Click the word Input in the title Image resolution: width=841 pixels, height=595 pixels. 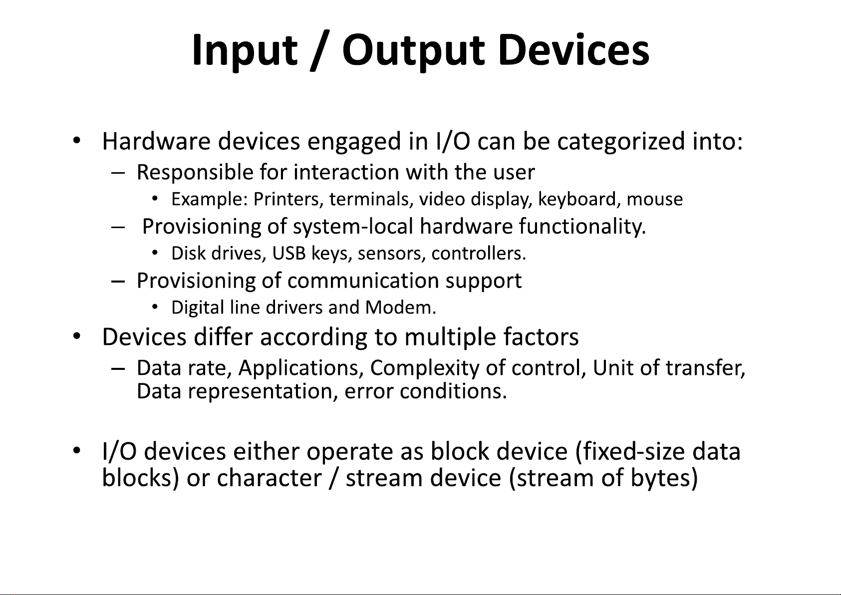245,51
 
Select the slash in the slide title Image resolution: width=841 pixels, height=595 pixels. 320,51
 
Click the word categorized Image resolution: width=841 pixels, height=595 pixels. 621,142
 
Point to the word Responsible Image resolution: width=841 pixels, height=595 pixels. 195,173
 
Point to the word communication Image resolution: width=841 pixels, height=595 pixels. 363,281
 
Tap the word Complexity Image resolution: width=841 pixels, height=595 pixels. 425,368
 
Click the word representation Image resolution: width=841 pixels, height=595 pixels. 260,391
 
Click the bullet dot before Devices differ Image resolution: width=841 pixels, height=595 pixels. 77,335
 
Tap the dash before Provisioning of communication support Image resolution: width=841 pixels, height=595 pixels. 118,281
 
